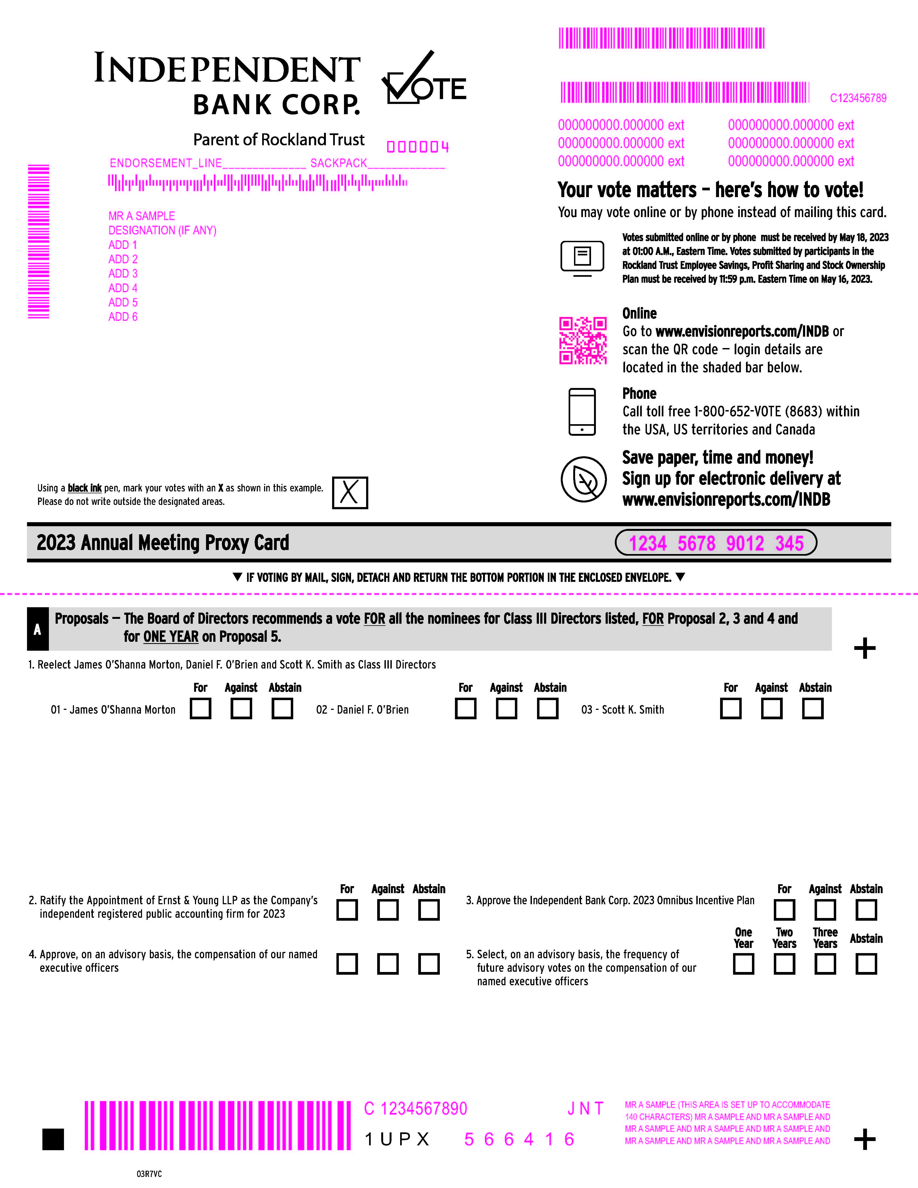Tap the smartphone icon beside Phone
click(582, 412)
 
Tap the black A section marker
click(38, 629)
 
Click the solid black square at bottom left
click(53, 1139)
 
